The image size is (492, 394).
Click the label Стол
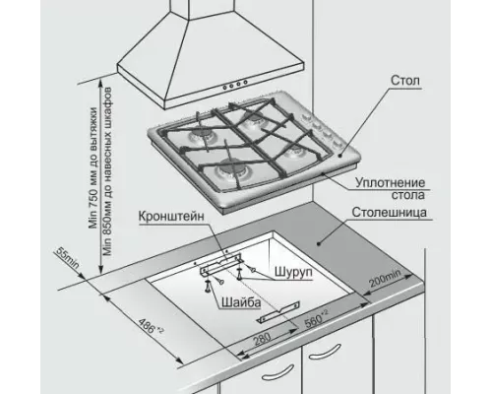(x=405, y=81)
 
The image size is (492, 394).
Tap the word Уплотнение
(x=390, y=183)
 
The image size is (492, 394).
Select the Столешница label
(x=390, y=213)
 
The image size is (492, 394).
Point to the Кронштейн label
(x=171, y=217)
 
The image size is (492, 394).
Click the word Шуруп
(x=293, y=272)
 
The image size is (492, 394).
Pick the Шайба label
(x=241, y=302)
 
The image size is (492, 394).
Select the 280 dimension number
(x=263, y=339)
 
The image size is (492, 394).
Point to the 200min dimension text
(x=386, y=279)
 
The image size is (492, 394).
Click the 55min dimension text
(x=68, y=257)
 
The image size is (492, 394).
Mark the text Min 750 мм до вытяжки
(x=93, y=167)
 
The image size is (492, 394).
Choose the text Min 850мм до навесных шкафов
(x=107, y=171)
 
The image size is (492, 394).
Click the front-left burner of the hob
(x=230, y=170)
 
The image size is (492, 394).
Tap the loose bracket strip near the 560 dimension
(x=278, y=312)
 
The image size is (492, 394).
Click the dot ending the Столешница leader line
(x=318, y=243)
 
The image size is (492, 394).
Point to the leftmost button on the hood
(x=225, y=88)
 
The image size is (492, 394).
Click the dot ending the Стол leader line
(x=340, y=156)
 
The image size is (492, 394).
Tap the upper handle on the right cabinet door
(x=325, y=352)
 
